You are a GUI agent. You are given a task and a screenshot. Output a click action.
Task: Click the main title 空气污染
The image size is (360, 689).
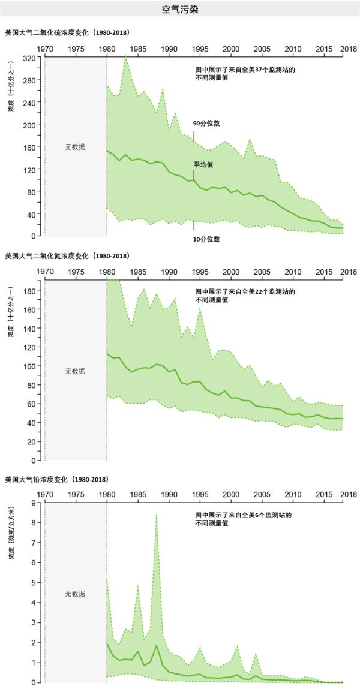[180, 10]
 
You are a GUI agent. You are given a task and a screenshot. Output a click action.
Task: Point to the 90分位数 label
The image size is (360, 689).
[206, 123]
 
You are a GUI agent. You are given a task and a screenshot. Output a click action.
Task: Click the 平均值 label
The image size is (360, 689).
[203, 164]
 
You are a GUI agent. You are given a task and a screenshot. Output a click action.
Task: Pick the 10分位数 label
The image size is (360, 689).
[206, 239]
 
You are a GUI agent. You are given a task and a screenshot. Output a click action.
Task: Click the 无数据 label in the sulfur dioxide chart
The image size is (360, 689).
[75, 147]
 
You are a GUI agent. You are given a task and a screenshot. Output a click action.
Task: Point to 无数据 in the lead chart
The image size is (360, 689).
[75, 594]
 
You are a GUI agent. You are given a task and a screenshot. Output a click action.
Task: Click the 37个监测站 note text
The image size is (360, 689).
[245, 70]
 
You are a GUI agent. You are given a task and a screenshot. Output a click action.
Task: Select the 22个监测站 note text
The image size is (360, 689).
[245, 292]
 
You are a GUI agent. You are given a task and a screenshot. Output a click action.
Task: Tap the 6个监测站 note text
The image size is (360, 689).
[243, 515]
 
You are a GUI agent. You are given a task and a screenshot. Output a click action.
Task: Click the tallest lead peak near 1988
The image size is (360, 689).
[157, 515]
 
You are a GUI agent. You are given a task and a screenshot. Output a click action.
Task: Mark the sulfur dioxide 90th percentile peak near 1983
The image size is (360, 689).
[125, 56]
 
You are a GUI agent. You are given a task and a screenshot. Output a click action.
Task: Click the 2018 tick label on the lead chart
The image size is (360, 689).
[347, 495]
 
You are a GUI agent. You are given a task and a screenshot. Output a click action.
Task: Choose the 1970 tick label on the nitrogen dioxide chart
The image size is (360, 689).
[45, 272]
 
